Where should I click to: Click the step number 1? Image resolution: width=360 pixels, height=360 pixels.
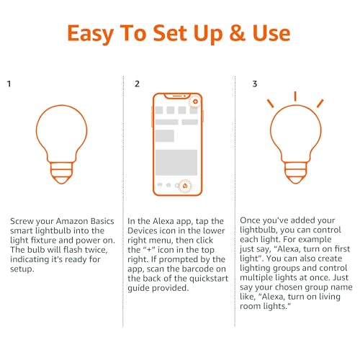[x=9, y=84]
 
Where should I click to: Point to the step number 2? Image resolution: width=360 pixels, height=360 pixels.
[x=138, y=84]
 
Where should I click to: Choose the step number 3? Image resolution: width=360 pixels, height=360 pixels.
[x=254, y=84]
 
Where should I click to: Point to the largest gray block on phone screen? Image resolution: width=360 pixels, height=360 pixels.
[x=177, y=161]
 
